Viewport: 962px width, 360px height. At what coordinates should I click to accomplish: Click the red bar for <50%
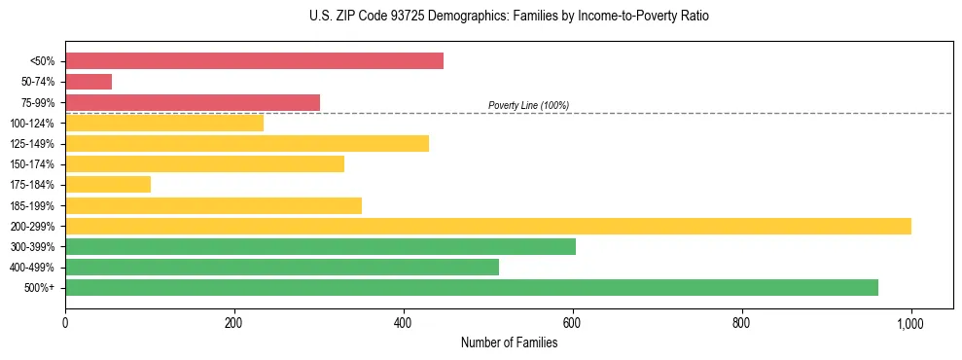[254, 61]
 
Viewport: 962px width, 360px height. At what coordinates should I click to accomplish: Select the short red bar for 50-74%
[89, 82]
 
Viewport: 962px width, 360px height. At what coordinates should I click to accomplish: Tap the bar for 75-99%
[193, 102]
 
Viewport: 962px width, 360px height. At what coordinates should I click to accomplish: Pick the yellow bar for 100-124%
[164, 123]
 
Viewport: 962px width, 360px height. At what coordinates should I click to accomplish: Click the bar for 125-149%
[247, 143]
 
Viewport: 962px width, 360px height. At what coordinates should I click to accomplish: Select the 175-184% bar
[108, 185]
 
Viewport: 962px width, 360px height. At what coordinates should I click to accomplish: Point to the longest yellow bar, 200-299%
[488, 226]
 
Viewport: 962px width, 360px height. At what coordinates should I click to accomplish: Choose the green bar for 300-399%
[320, 246]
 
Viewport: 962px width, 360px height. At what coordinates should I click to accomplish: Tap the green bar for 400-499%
[282, 267]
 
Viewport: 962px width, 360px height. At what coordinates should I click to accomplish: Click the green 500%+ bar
[472, 287]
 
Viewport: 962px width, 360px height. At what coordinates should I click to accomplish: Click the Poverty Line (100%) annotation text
[528, 105]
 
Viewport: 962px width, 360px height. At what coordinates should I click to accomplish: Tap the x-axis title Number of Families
[509, 342]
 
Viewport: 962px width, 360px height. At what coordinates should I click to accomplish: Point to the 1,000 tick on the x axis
[911, 322]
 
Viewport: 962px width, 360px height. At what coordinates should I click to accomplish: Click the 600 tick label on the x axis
[573, 322]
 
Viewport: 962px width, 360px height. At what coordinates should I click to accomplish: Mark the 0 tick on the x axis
[65, 322]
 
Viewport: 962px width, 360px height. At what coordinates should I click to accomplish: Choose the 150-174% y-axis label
[32, 164]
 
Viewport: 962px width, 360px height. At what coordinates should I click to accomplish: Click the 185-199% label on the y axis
[32, 205]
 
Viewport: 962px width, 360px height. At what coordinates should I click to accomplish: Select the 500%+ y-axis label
[38, 288]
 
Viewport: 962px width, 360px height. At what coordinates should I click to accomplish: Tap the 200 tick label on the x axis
[234, 322]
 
